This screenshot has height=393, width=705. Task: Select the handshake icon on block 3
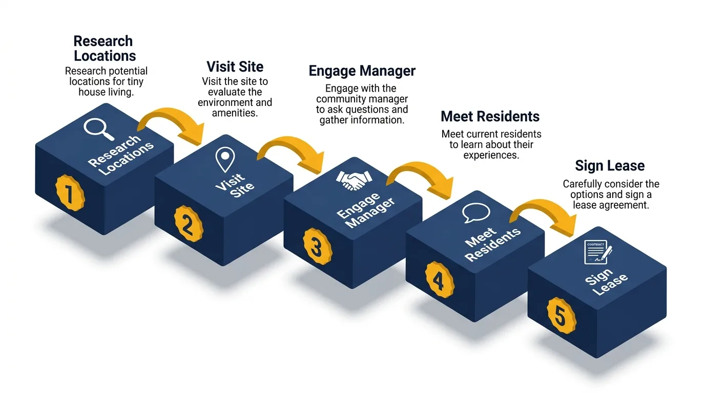pos(354,181)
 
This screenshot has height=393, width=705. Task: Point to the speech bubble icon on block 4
pos(476,212)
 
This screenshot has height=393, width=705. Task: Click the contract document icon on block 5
pos(598,252)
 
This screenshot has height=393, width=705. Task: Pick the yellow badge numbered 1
pos(70,193)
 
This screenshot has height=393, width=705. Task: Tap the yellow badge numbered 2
pos(189,224)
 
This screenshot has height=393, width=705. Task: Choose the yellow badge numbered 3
pos(317,247)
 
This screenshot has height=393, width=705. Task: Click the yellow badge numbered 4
pos(440,280)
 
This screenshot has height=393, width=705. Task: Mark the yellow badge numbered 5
pos(562,316)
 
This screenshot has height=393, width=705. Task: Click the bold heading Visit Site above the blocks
pos(235,67)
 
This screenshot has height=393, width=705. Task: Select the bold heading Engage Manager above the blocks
pos(362,71)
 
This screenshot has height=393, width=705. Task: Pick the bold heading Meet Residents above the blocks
pos(490,116)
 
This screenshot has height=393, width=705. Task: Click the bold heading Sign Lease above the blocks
pos(610,166)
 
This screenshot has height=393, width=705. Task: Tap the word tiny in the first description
pos(135,82)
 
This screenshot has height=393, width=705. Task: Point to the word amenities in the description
pos(235,113)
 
